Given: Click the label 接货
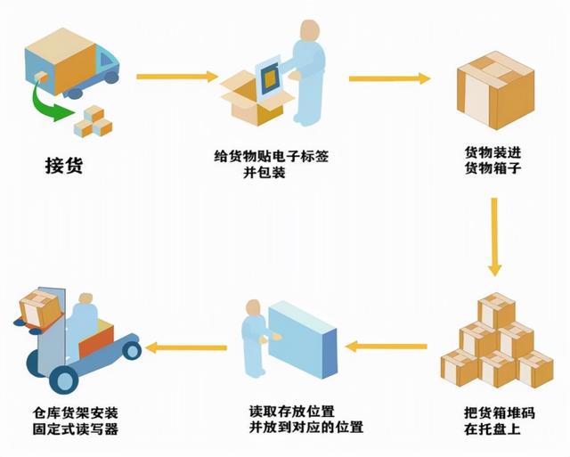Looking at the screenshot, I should click(x=63, y=166).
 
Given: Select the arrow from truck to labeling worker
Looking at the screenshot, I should click(x=176, y=78).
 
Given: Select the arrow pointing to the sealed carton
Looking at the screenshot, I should click(x=388, y=79).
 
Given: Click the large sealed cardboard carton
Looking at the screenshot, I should click(x=494, y=87).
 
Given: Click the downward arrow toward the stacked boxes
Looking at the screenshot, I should click(x=495, y=236).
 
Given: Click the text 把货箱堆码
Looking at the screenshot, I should click(x=495, y=413).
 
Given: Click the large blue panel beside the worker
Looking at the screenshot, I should click(x=303, y=339).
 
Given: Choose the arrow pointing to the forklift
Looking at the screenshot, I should click(x=182, y=347).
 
